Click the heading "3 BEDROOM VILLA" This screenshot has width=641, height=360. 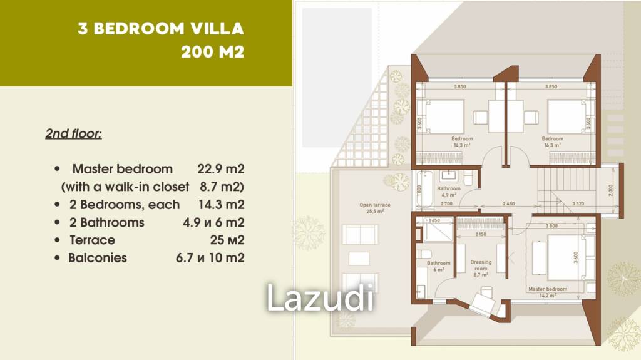tap(160, 29)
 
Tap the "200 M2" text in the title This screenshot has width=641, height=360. tap(212, 52)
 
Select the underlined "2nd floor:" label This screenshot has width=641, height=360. tap(73, 134)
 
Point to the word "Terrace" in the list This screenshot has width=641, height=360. tap(93, 240)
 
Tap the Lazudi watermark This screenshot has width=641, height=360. tap(320, 297)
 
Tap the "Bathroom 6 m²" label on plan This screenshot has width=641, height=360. tap(439, 266)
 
